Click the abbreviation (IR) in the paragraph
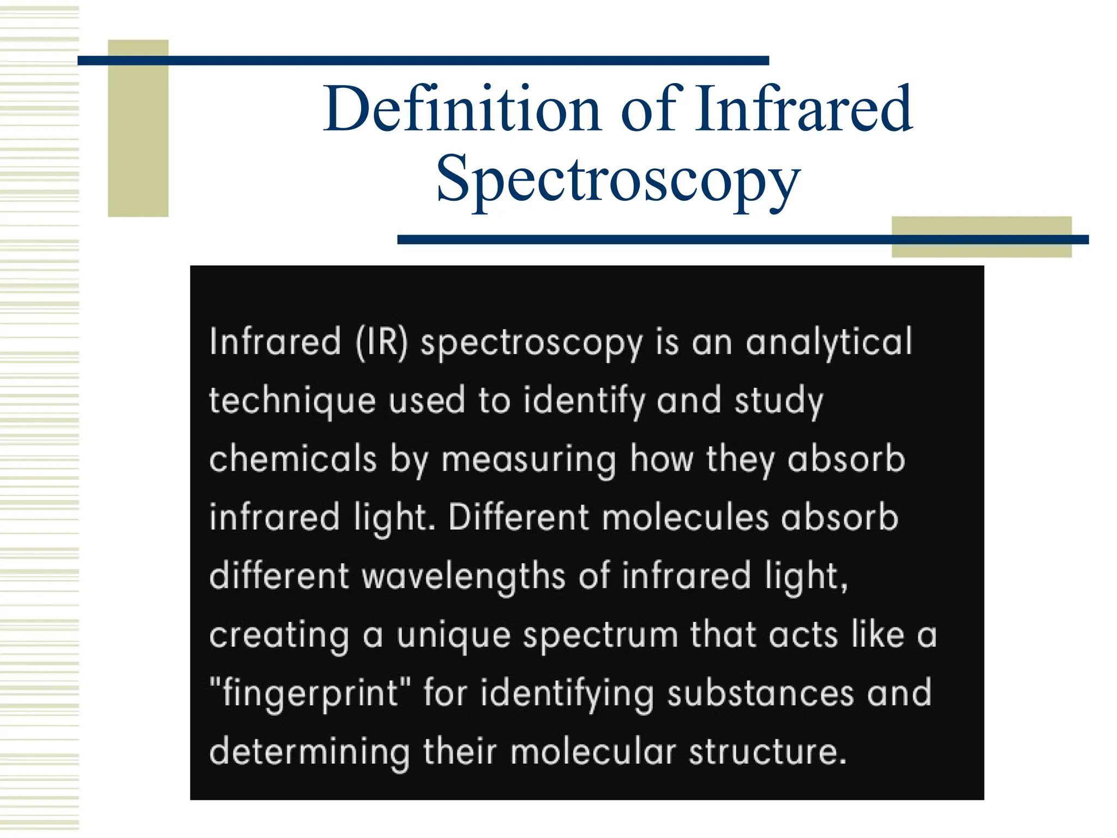coord(381,343)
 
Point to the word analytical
coord(828,343)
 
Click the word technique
coord(292,402)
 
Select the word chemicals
coord(293,459)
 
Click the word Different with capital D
coord(519,518)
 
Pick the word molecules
coord(686,518)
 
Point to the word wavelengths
coord(464,577)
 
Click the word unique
coord(453,637)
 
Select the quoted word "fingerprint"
coord(310,695)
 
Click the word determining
coord(309,753)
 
